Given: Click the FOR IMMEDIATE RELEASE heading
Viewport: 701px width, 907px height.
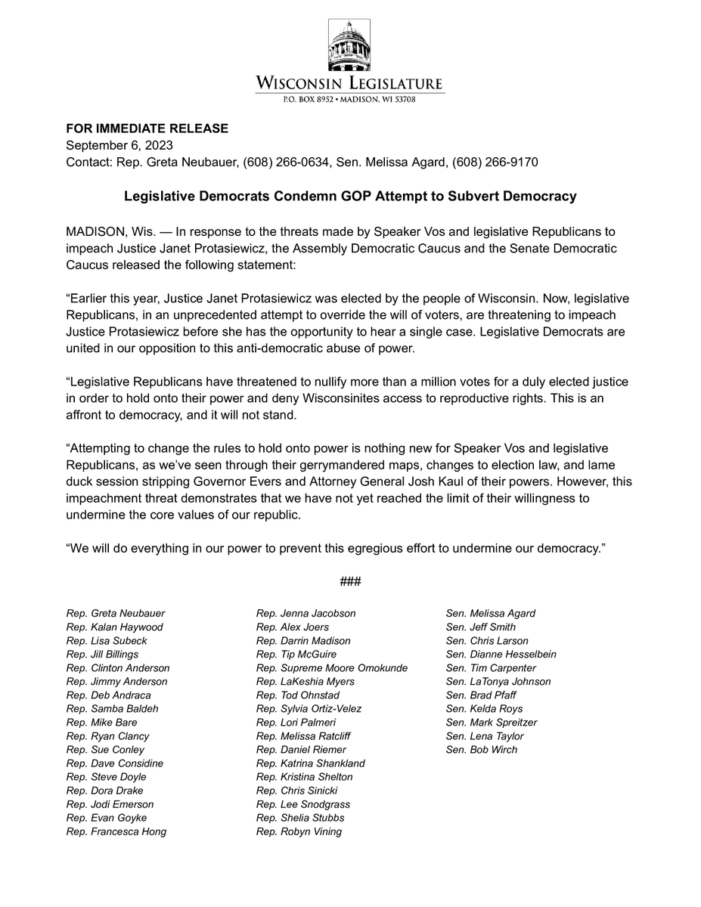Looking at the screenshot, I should (147, 129).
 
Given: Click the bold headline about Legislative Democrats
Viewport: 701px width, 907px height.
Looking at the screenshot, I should (350, 197).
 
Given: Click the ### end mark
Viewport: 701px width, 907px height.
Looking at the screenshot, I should (350, 581).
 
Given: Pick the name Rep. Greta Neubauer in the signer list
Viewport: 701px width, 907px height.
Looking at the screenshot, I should (116, 614).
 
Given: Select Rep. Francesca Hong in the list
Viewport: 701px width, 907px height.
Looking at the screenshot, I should (116, 831).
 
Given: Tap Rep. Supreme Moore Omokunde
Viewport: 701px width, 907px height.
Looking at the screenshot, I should (332, 668).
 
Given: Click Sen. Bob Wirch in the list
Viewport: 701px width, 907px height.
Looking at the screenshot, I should (482, 750).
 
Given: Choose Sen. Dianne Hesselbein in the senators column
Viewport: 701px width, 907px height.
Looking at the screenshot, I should (501, 655).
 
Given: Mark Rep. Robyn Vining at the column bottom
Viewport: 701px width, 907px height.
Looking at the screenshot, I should (299, 831).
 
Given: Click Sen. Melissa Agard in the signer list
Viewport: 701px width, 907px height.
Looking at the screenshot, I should (491, 614).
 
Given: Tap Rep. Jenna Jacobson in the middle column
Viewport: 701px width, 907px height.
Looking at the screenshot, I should (306, 614).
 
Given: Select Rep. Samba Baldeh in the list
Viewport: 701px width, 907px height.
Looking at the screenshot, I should (113, 709).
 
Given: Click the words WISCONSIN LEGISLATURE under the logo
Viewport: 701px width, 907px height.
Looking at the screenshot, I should (349, 83).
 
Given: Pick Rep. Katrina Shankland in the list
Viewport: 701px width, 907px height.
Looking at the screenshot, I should (311, 763).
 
